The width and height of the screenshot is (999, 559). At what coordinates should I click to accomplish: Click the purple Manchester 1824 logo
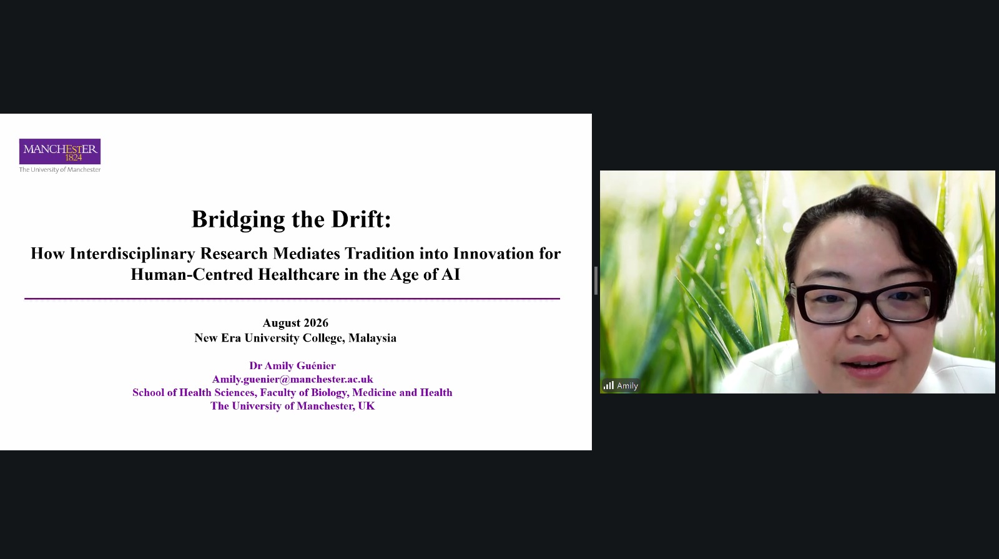pyautogui.click(x=60, y=151)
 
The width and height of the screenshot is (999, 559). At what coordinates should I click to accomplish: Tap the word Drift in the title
pyautogui.click(x=361, y=219)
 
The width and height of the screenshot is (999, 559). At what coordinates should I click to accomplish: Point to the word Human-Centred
pyautogui.click(x=192, y=274)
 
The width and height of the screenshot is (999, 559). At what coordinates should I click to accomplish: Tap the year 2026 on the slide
pyautogui.click(x=315, y=322)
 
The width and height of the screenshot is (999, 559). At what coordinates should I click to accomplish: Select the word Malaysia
pyautogui.click(x=372, y=338)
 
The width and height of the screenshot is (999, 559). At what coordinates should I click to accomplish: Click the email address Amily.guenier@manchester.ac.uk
pyautogui.click(x=293, y=379)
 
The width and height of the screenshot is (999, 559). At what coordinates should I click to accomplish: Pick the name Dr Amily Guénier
pyautogui.click(x=293, y=365)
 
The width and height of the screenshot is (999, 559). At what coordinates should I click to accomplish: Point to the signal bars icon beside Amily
pyautogui.click(x=609, y=385)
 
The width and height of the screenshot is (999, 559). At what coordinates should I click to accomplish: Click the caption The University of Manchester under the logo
pyautogui.click(x=60, y=169)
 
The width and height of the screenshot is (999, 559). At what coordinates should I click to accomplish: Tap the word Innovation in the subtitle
pyautogui.click(x=493, y=254)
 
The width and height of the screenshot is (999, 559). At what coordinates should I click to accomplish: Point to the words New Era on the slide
pyautogui.click(x=218, y=338)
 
